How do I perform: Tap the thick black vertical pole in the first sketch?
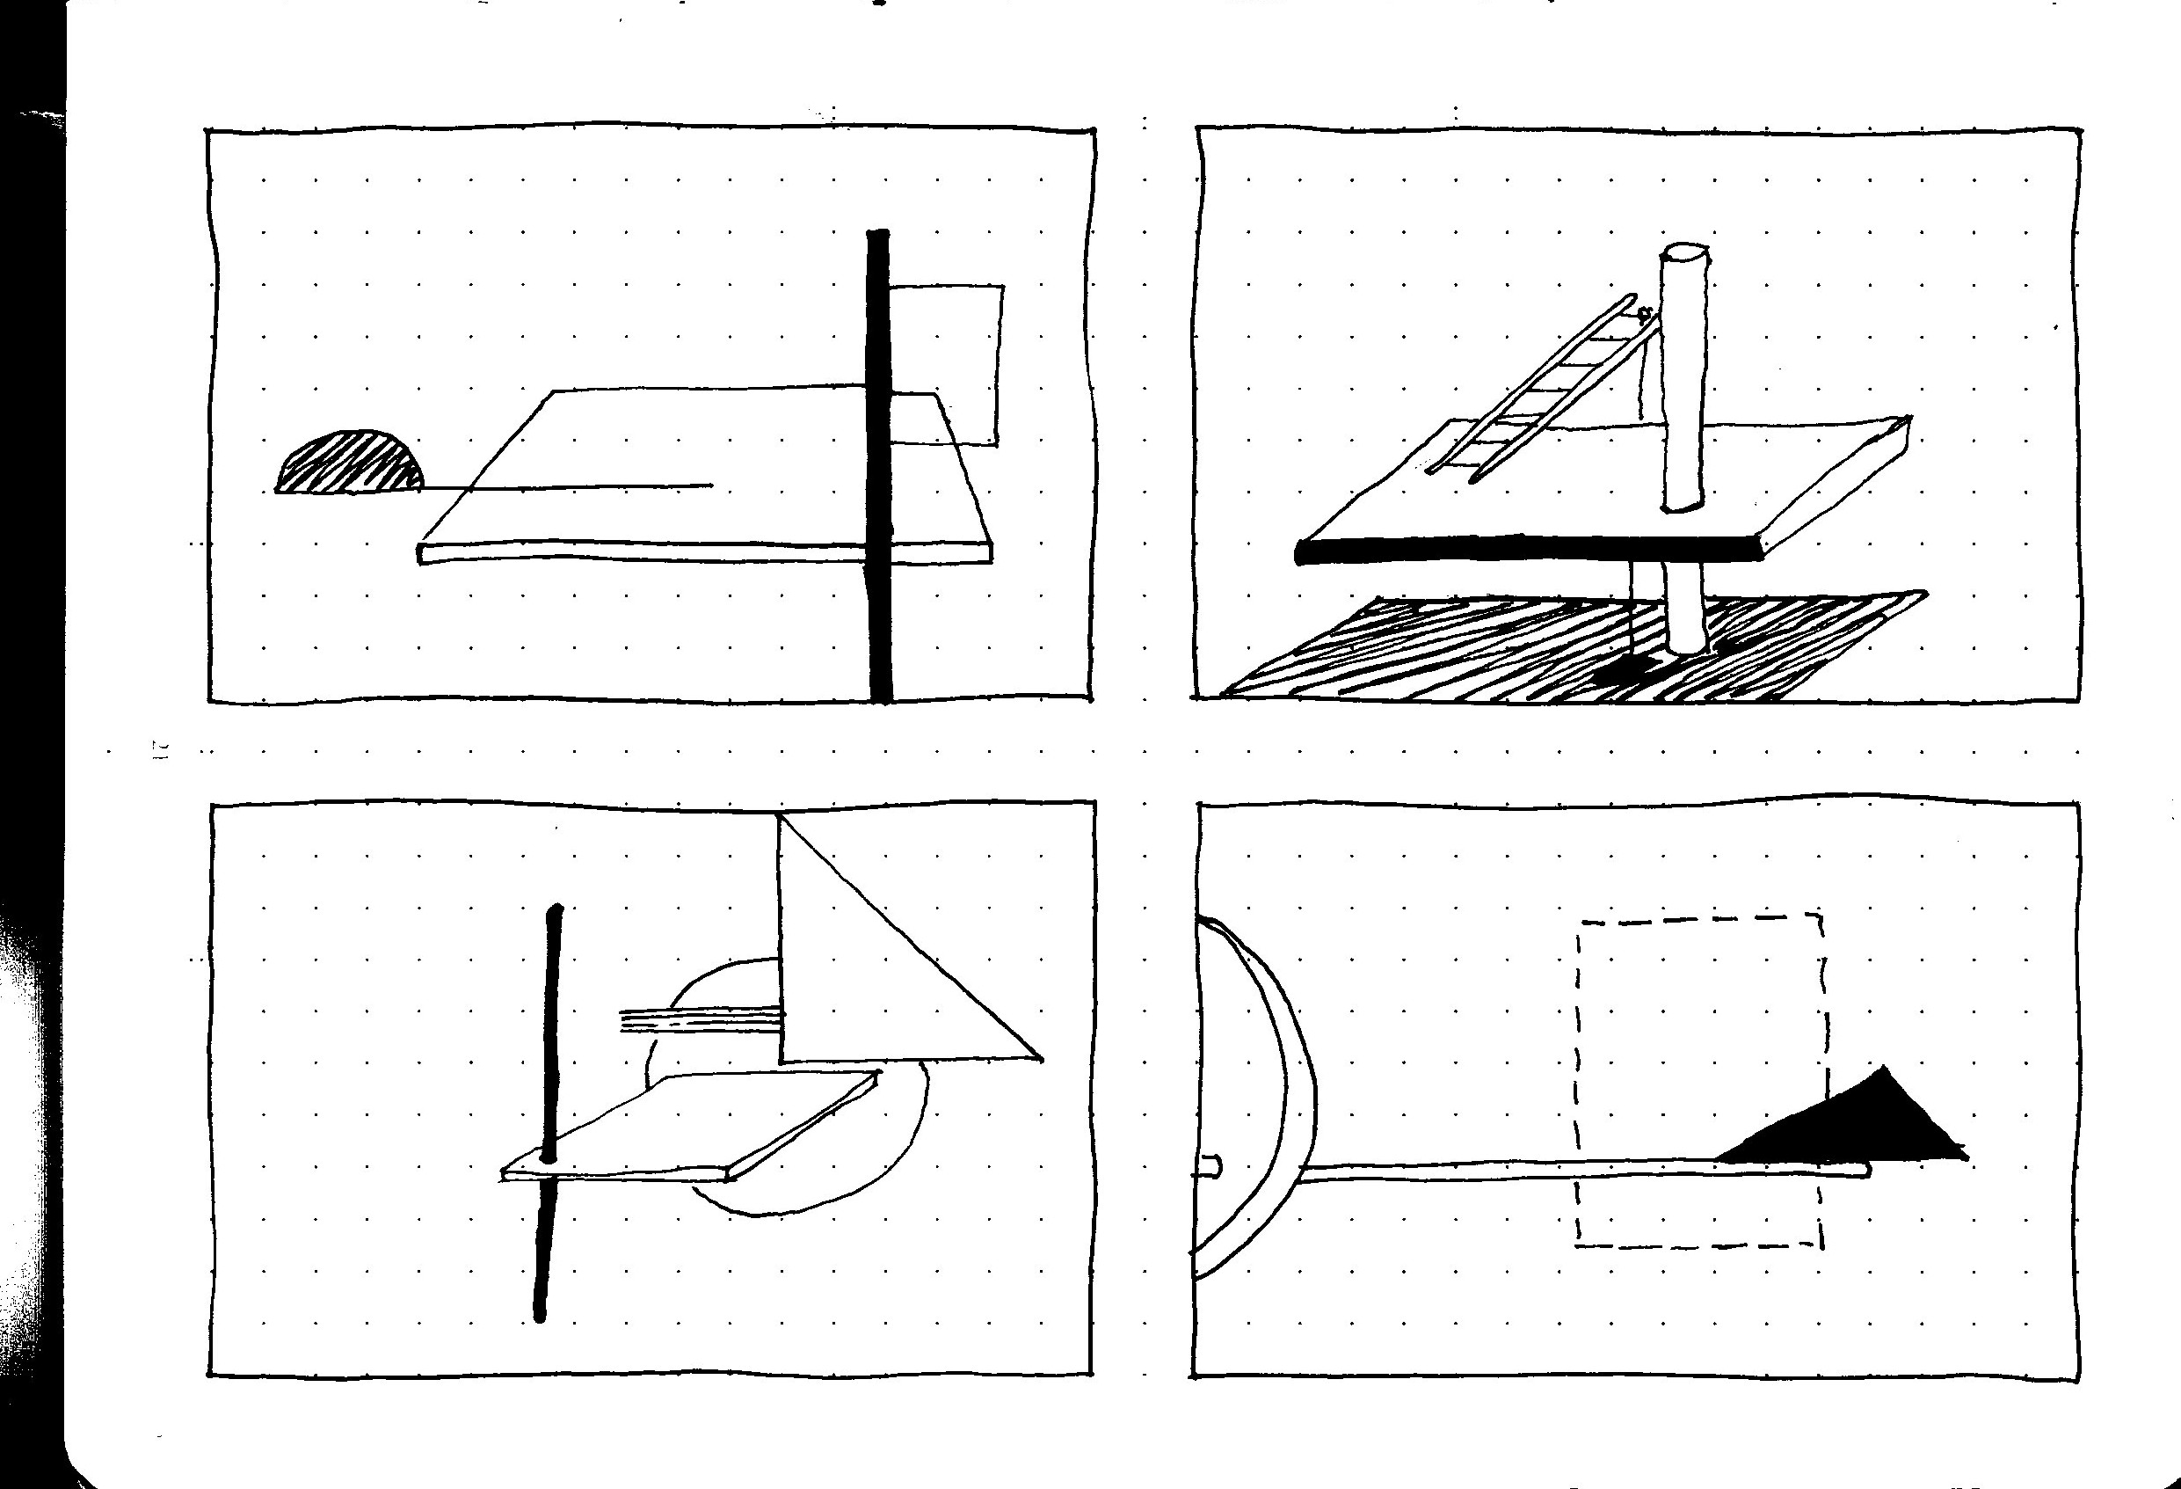click(878, 470)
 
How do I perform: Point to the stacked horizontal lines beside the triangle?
click(699, 1019)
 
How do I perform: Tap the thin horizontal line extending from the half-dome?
click(582, 486)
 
